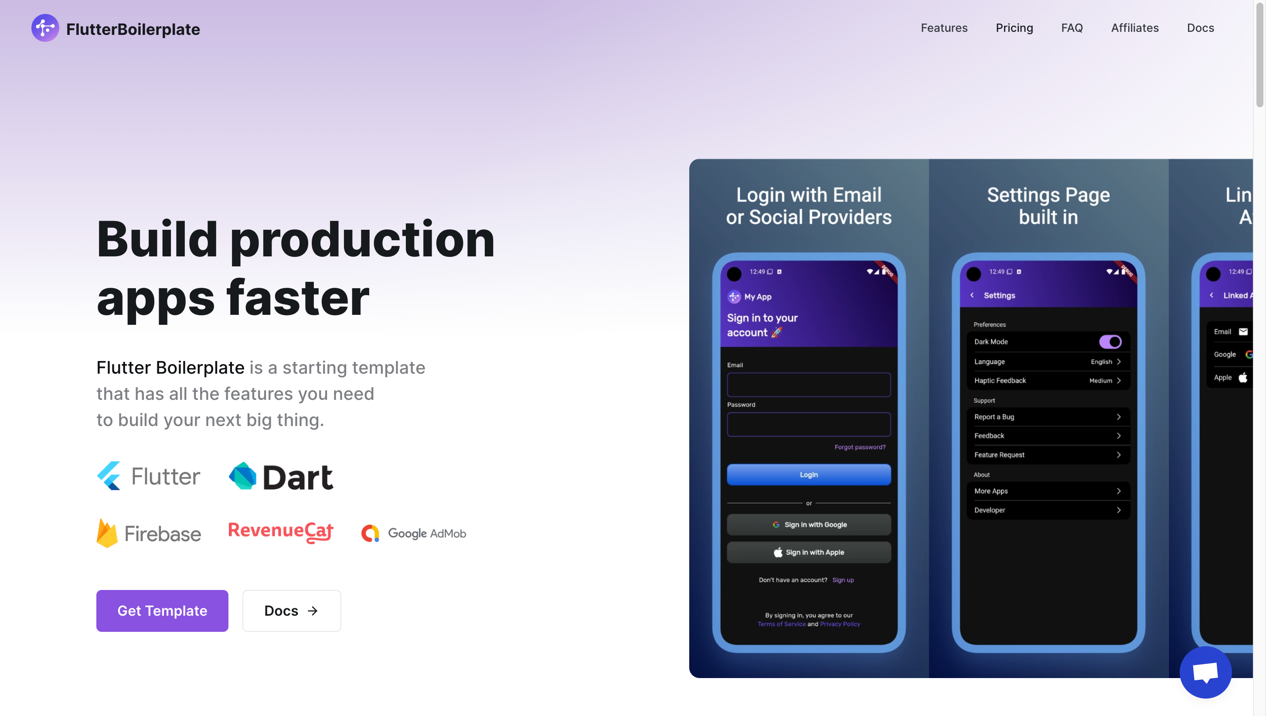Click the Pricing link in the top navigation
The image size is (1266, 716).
click(x=1014, y=28)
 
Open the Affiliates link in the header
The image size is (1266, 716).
click(x=1135, y=28)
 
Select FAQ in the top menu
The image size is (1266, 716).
click(x=1072, y=28)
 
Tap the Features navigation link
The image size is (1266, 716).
click(x=944, y=28)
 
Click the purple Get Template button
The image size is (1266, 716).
click(x=162, y=611)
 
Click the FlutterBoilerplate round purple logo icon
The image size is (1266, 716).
click(x=45, y=28)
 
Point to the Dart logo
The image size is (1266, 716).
click(x=281, y=477)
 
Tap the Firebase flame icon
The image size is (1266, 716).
click(x=107, y=533)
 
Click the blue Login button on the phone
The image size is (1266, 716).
click(x=809, y=474)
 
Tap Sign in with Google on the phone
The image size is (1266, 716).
click(x=809, y=525)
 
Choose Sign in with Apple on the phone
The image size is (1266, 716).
click(x=809, y=552)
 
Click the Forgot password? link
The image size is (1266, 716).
click(x=860, y=447)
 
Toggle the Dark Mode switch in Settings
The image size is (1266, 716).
click(x=1110, y=342)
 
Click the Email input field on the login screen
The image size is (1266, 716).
click(x=809, y=385)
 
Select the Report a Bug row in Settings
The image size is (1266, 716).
click(x=1048, y=417)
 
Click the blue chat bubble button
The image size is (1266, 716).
click(x=1205, y=672)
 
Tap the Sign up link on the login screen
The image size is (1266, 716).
click(x=843, y=580)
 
